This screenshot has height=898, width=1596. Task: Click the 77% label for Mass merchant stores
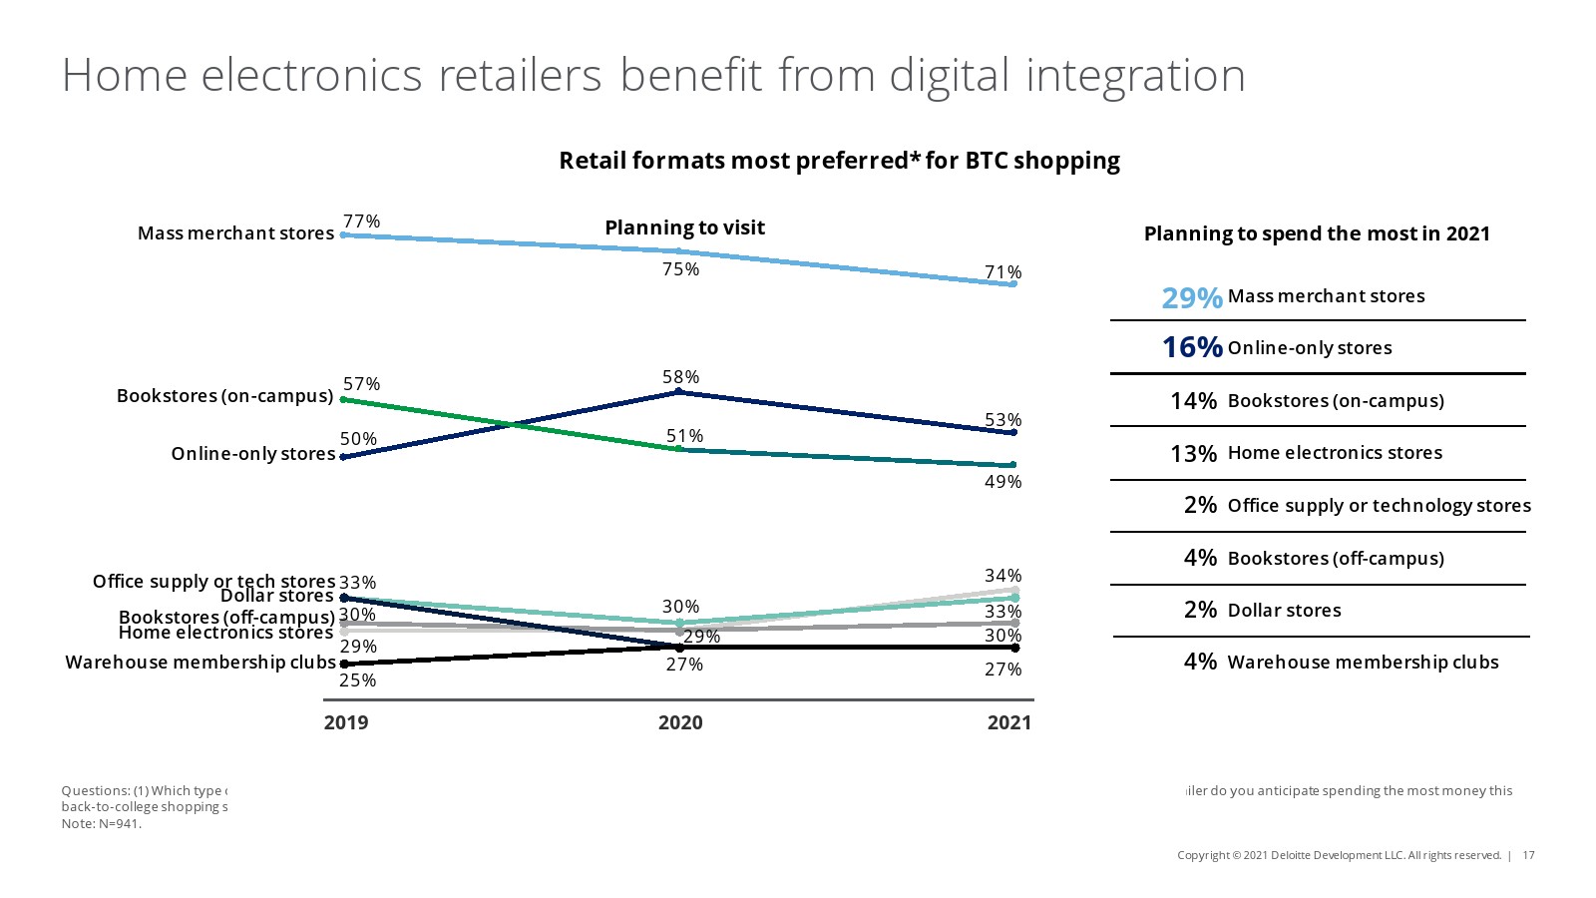pyautogui.click(x=361, y=222)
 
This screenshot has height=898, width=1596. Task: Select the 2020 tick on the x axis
pyautogui.click(x=680, y=722)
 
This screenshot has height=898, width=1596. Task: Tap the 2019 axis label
pyautogui.click(x=346, y=722)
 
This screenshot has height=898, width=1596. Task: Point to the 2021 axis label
pyautogui.click(x=1009, y=722)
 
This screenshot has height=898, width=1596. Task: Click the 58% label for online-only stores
pyautogui.click(x=680, y=377)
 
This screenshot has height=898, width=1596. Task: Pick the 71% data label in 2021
pyautogui.click(x=1002, y=272)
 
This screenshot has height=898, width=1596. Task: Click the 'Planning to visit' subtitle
pyautogui.click(x=684, y=227)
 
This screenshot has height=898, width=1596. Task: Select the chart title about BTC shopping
pyautogui.click(x=839, y=161)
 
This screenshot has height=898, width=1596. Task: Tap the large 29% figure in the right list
pyautogui.click(x=1192, y=297)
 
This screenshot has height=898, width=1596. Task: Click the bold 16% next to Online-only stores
pyautogui.click(x=1192, y=347)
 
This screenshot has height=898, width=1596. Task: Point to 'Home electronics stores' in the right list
pyautogui.click(x=1335, y=453)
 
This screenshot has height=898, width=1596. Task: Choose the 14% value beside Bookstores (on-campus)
pyautogui.click(x=1193, y=401)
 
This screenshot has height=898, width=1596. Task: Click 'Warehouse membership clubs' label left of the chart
pyautogui.click(x=200, y=663)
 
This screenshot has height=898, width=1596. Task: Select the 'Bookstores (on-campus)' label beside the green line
pyautogui.click(x=224, y=396)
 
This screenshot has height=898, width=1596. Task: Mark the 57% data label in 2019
pyautogui.click(x=361, y=384)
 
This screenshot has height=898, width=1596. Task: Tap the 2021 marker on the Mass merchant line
pyautogui.click(x=1013, y=284)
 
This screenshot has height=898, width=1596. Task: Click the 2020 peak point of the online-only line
pyautogui.click(x=679, y=392)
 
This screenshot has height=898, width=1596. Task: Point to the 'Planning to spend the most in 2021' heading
pyautogui.click(x=1317, y=233)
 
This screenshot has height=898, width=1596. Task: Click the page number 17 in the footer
pyautogui.click(x=1529, y=855)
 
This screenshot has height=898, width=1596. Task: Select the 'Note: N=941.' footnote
pyautogui.click(x=102, y=824)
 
